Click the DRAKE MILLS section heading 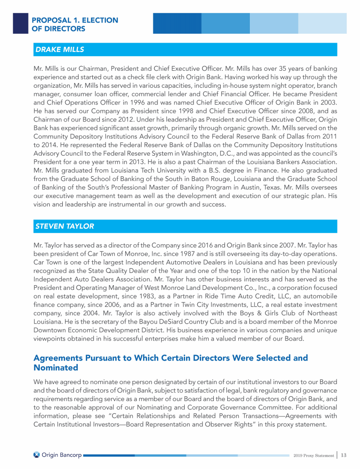coord(60,49)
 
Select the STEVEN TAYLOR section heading coord(65,226)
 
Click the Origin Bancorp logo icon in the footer coord(37,454)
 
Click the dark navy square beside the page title coord(20,23)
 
